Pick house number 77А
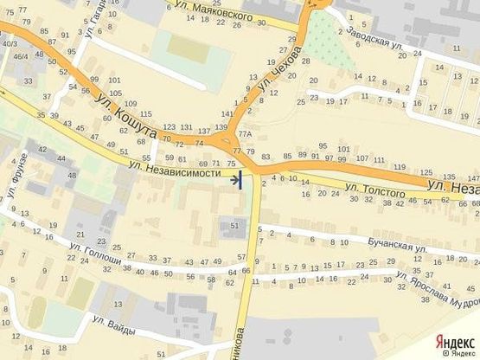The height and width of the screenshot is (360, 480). pos(245,133)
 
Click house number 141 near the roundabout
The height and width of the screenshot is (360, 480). pos(227,114)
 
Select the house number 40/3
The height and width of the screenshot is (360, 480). pos(10,43)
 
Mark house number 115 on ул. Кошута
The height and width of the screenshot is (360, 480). pos(146,114)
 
